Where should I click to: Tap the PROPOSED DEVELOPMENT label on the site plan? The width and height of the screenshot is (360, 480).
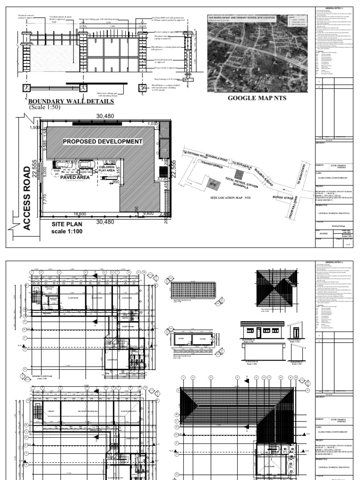[102, 141]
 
